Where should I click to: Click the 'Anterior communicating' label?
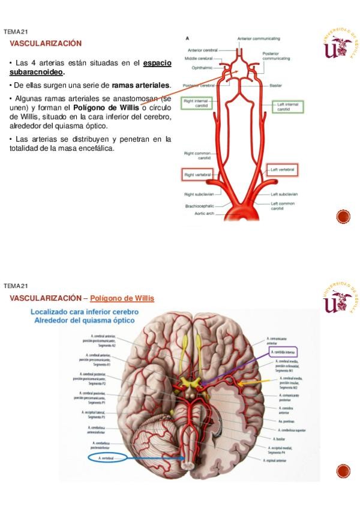pyautogui.click(x=259, y=38)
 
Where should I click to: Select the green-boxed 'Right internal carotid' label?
pyautogui.click(x=197, y=104)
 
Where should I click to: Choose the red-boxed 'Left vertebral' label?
pyautogui.click(x=282, y=170)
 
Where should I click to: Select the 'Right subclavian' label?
pyautogui.click(x=197, y=194)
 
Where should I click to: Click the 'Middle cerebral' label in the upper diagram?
pyautogui.click(x=200, y=59)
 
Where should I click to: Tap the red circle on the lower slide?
pyautogui.click(x=343, y=471)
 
